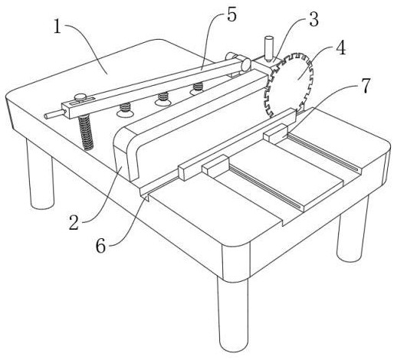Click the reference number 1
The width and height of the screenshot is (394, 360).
point(58,28)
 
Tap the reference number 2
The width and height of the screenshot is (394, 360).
point(74,223)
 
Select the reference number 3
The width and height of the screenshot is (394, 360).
point(314,20)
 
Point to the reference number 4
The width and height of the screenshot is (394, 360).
point(340,48)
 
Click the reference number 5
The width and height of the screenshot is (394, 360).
point(231,15)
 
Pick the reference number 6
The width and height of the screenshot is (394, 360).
point(100,246)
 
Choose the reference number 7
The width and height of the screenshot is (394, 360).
point(366,86)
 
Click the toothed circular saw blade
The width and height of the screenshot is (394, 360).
point(289,84)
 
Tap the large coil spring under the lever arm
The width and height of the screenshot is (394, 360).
point(86,133)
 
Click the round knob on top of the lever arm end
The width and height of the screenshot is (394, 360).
point(80,97)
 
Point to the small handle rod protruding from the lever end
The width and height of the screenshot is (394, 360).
point(54,114)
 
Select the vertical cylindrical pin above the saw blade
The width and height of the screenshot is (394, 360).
point(269,48)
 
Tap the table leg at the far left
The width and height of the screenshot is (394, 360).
point(41,175)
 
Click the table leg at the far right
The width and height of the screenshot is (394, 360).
point(353,229)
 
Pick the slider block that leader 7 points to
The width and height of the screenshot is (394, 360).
point(277,133)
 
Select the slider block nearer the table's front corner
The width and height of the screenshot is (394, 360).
point(215,165)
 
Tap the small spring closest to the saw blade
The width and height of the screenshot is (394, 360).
point(198,88)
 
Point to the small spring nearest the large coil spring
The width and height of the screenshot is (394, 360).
point(125,110)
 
